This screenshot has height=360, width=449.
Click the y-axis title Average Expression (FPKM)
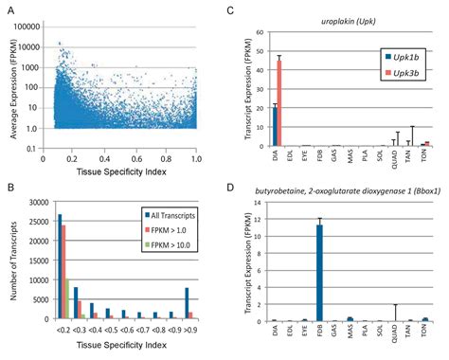point(11,83)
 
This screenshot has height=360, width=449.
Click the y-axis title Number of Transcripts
point(11,261)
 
